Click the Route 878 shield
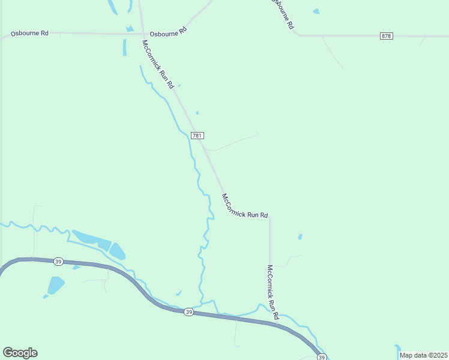(x=386, y=36)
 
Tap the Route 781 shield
(x=197, y=135)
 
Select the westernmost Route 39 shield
(x=58, y=261)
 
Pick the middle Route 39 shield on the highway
(x=188, y=312)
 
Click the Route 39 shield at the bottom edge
(x=322, y=358)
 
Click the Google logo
(x=20, y=353)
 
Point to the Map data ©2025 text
(x=423, y=355)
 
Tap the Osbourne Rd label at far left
(x=29, y=33)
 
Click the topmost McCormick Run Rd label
(x=158, y=64)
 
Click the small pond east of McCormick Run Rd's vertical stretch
(x=300, y=236)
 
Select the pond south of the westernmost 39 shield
(x=55, y=285)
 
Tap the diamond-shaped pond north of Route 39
(x=117, y=251)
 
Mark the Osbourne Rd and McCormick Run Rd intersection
(x=142, y=34)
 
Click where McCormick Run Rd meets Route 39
(x=277, y=325)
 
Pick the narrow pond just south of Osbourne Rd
(x=125, y=47)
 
